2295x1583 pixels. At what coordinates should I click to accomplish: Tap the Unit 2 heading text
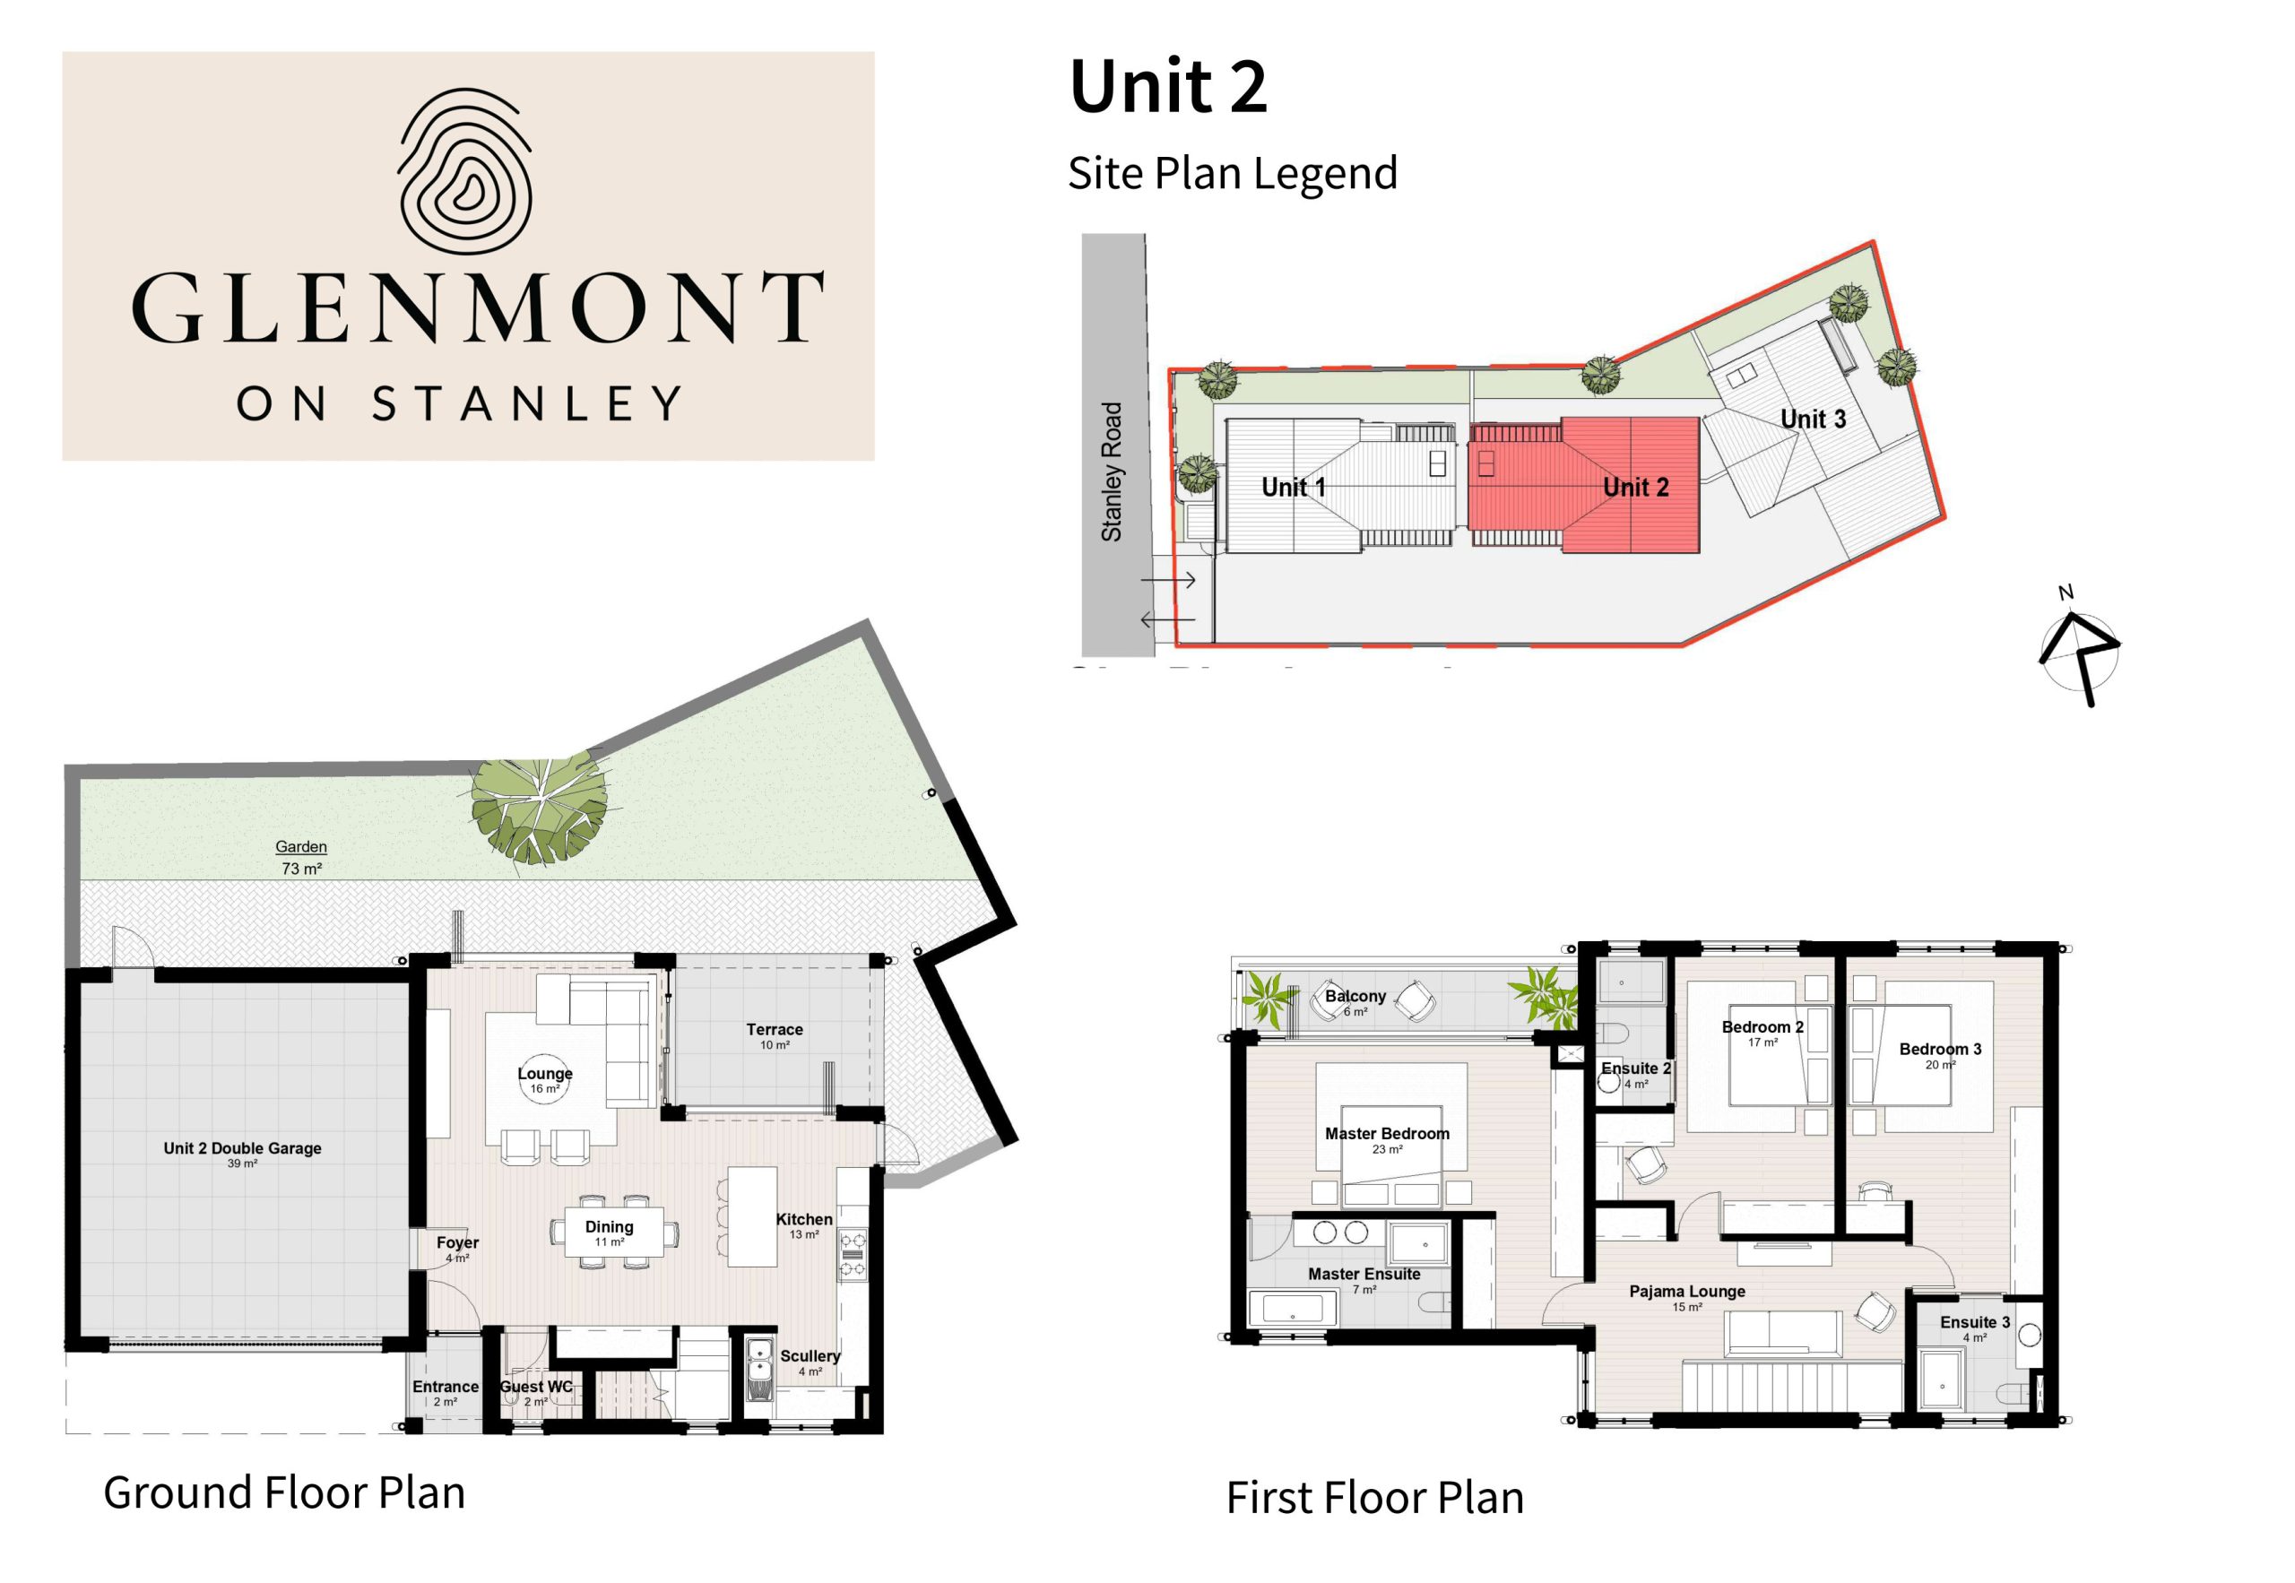pyautogui.click(x=1167, y=86)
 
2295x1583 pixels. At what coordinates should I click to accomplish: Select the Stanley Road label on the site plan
pyautogui.click(x=1111, y=471)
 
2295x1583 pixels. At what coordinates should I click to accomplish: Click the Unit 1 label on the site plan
pyautogui.click(x=1293, y=487)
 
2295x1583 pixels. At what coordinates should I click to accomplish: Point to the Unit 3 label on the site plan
pyautogui.click(x=1813, y=419)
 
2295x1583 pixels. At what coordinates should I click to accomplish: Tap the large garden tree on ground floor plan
pyautogui.click(x=539, y=810)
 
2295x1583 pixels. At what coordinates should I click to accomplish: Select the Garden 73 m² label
pyautogui.click(x=301, y=858)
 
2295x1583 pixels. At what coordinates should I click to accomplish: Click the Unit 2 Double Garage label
pyautogui.click(x=242, y=1155)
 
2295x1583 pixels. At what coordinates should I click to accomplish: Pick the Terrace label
pyautogui.click(x=775, y=1035)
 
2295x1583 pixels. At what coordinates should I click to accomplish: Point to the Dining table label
pyautogui.click(x=608, y=1233)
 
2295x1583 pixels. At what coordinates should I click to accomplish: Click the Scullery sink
pyautogui.click(x=759, y=1369)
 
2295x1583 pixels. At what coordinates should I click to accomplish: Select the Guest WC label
pyautogui.click(x=535, y=1391)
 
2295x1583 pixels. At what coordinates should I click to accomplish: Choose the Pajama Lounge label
pyautogui.click(x=1687, y=1297)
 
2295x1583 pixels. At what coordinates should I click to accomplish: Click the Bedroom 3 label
pyautogui.click(x=1940, y=1055)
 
